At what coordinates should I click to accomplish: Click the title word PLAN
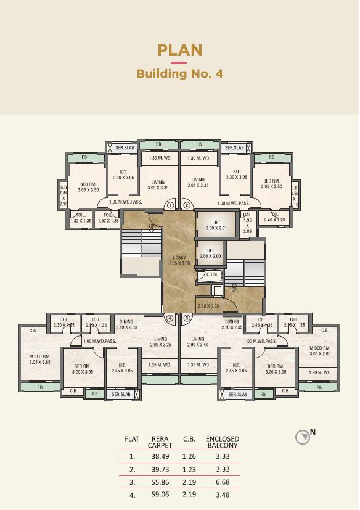tap(179, 50)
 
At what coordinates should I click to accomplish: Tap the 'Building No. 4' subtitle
tap(179, 74)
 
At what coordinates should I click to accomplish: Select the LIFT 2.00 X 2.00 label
tap(210, 253)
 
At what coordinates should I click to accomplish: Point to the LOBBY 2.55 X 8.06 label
tap(179, 260)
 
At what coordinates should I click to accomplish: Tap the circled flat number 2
tap(187, 206)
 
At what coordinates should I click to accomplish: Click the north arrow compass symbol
tap(302, 437)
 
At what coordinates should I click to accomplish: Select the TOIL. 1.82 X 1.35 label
tap(81, 218)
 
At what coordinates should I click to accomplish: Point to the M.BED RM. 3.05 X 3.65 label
tap(39, 360)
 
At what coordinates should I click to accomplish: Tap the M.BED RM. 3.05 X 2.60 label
tap(321, 351)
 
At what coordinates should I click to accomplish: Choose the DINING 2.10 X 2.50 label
tap(128, 324)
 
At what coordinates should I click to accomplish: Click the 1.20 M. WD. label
tap(319, 372)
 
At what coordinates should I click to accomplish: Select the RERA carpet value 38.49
tap(160, 457)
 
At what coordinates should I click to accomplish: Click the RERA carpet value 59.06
tap(160, 495)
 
